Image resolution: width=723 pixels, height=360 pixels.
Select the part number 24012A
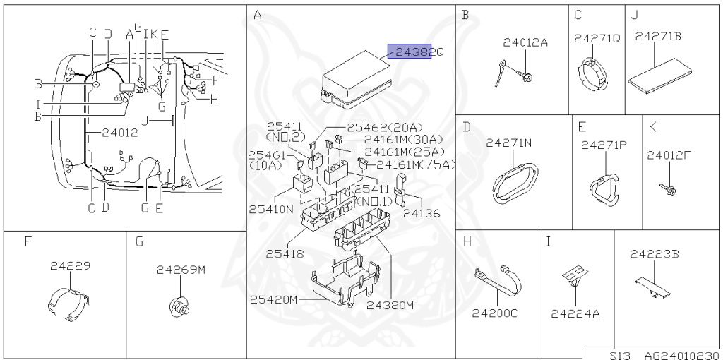[525, 42]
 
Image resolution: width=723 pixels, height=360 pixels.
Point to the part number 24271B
[658, 37]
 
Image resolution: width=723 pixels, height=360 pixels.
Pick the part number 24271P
[604, 145]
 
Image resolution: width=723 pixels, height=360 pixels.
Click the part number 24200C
[495, 313]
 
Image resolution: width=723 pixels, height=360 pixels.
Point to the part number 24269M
[181, 269]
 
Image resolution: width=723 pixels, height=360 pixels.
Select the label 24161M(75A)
[416, 165]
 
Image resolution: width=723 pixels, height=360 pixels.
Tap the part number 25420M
[273, 299]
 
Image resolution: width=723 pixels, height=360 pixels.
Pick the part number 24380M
[390, 305]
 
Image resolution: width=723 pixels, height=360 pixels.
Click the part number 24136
[422, 212]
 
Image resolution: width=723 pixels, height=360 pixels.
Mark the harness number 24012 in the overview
[119, 132]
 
